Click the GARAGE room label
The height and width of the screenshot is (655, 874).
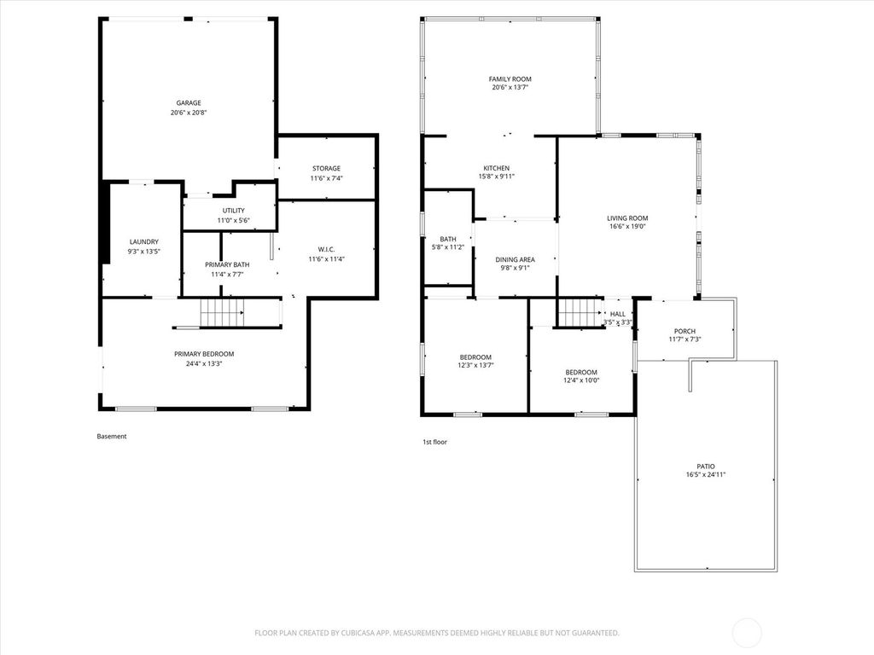coord(189,103)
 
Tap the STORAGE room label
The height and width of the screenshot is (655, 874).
coord(325,169)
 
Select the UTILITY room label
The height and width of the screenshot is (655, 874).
coord(233,211)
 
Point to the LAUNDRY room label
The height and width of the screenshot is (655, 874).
coord(143,242)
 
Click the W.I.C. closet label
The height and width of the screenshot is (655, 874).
coord(325,249)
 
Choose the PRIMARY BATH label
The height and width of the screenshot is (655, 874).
coord(227,265)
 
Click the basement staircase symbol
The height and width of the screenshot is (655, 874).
coord(222,313)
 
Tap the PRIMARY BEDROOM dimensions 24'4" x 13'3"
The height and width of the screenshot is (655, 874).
coord(204,364)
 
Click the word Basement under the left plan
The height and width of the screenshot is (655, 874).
coord(112,437)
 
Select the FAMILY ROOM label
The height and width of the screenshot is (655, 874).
coord(510,79)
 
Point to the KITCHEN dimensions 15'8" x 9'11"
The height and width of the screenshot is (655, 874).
coord(497,177)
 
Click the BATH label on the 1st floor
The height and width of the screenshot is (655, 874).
coord(448,240)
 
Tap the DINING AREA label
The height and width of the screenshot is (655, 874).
coord(516,259)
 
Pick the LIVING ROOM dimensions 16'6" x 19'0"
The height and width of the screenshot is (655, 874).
coord(627,227)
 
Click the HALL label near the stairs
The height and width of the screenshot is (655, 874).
coord(617,314)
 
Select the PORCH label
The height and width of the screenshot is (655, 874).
coord(685,332)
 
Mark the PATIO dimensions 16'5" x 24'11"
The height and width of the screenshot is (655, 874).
coord(705,475)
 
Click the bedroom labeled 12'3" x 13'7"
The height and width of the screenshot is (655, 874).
coord(475,357)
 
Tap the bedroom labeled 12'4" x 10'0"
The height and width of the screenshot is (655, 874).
coord(581,373)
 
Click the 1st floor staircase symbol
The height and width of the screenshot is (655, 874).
coord(580,313)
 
